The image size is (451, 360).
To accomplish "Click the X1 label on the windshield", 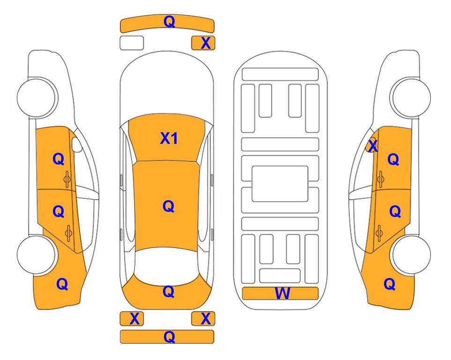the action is pos(169,138).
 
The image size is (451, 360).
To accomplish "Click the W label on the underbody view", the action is pos(282,293).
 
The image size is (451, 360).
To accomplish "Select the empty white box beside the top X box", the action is pos(132,43).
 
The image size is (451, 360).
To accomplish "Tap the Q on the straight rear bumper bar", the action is pos(169,337).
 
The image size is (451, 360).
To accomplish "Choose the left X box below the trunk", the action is pos(132,319).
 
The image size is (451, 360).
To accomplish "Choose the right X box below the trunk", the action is pos(203,319).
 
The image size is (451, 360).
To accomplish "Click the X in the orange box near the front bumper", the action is pos(206,43).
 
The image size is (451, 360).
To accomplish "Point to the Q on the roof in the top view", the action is pos(168,206).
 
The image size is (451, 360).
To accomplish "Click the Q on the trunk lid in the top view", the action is pos(168,292).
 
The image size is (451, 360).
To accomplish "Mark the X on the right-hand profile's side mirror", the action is pos(373,145).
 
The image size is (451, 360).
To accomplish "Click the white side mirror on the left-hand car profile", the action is pos(77,144).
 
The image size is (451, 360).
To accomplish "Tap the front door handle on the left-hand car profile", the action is pos(67,179).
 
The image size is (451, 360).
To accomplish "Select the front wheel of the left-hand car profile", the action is pos(37,97).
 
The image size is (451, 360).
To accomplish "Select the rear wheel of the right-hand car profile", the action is pos(410,255).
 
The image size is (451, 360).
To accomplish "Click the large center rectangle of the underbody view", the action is pos(280,184).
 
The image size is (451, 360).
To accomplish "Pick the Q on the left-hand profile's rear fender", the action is pos(62,284).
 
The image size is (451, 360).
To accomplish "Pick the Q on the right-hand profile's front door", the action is pos(393,159).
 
